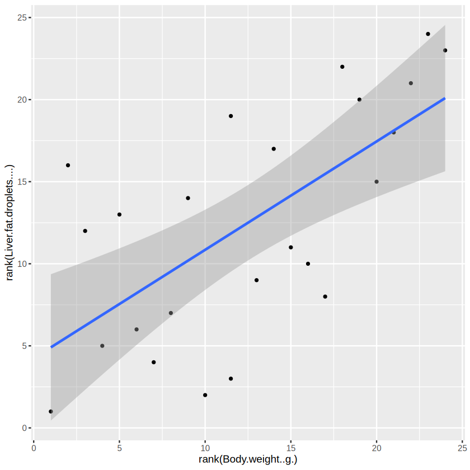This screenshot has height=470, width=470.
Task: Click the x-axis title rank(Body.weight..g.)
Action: pyautogui.click(x=248, y=460)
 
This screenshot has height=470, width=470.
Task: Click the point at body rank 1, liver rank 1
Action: pyautogui.click(x=51, y=411)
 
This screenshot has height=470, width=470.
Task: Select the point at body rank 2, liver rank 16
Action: pyautogui.click(x=68, y=165)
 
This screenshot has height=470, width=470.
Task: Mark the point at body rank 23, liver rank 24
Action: pyautogui.click(x=428, y=34)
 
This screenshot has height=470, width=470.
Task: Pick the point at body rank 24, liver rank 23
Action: pyautogui.click(x=445, y=50)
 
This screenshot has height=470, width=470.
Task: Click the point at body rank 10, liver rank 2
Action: pyautogui.click(x=205, y=395)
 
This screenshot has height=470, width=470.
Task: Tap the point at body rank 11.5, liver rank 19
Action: pyautogui.click(x=231, y=116)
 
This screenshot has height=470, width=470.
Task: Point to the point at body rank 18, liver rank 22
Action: pyautogui.click(x=342, y=67)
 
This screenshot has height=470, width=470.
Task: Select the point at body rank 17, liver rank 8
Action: pyautogui.click(x=325, y=297)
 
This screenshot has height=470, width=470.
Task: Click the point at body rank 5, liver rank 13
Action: pyautogui.click(x=119, y=214)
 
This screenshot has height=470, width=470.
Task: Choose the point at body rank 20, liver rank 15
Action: pyautogui.click(x=377, y=181)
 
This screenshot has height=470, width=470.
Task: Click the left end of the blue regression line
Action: pyautogui.click(x=51, y=347)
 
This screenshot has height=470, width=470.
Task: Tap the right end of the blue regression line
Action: pyautogui.click(x=445, y=98)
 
